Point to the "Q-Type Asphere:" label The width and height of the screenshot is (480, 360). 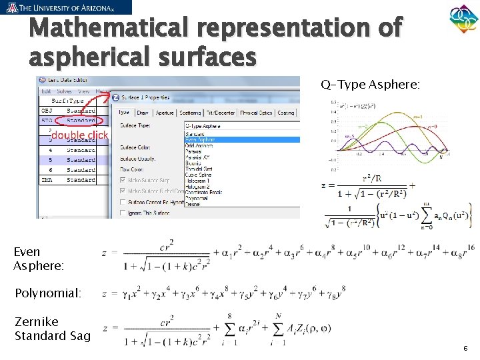pos(370,85)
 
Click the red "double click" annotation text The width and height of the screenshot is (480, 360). pos(79,135)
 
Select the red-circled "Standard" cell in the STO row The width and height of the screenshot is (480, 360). pos(81,121)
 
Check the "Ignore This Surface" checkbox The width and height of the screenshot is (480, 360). pos(124,213)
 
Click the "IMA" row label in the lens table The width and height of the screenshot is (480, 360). pos(47,180)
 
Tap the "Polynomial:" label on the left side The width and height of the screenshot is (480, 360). pos(47,293)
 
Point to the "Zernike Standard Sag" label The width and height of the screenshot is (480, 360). pos(52,329)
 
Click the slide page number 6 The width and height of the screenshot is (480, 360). pos(465,348)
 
